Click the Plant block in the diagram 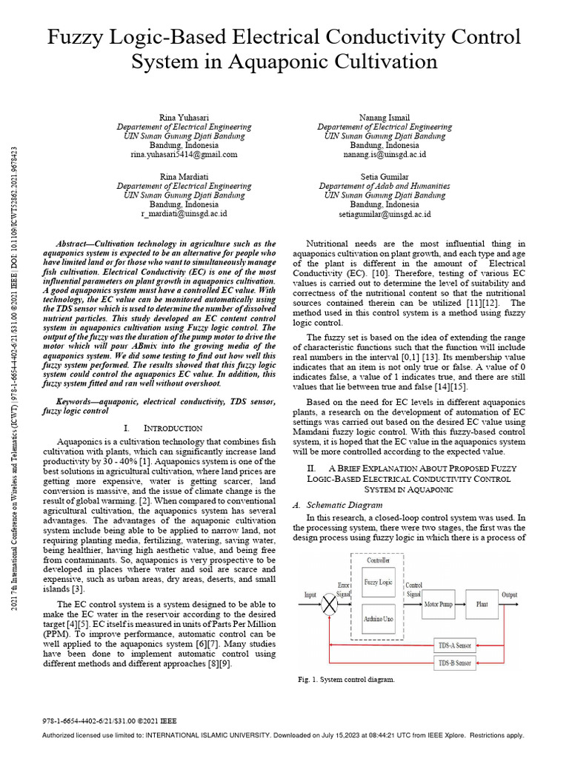pyautogui.click(x=482, y=604)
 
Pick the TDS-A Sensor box pyautogui.click(x=455, y=645)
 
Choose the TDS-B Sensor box pyautogui.click(x=455, y=663)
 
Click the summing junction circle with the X pyautogui.click(x=328, y=604)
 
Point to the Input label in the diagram pyautogui.click(x=310, y=594)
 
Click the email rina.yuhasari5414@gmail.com pyautogui.click(x=184, y=155)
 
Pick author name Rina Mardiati pyautogui.click(x=184, y=177)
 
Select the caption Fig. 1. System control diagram pyautogui.click(x=345, y=679)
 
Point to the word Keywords pyautogui.click(x=81, y=401)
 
